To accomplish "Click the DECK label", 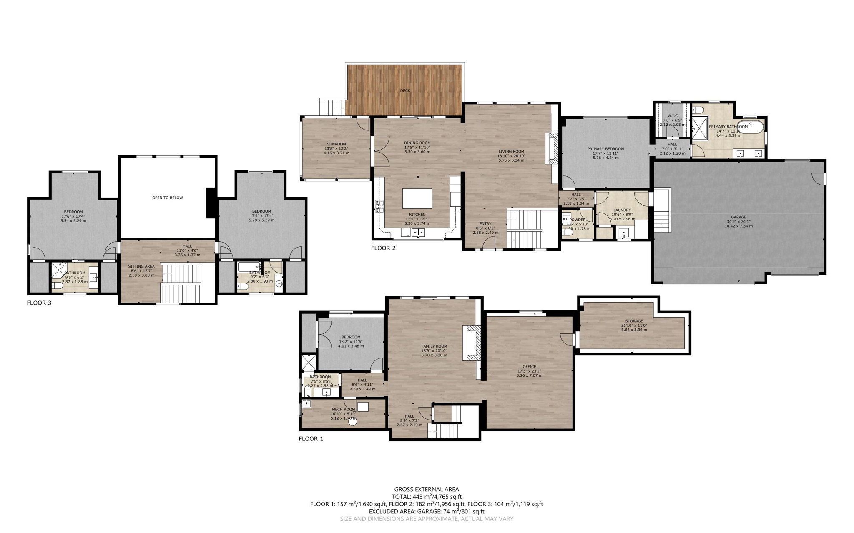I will point(405,90).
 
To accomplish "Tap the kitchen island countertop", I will point(417,198).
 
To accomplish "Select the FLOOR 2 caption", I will point(383,248).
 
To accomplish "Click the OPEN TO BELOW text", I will point(167,198).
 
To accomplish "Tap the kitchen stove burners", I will point(379,207).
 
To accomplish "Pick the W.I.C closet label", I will point(672,116).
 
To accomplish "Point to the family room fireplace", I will point(471,343).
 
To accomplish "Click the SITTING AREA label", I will point(141,266).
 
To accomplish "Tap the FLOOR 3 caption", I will point(39,303).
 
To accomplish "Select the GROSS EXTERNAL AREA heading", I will point(426,489).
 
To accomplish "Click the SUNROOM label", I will point(336,144).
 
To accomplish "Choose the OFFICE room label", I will point(529,367).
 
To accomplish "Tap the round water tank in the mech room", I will point(353,422).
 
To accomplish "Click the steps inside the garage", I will point(661,221).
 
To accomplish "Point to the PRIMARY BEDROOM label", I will point(605,149).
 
